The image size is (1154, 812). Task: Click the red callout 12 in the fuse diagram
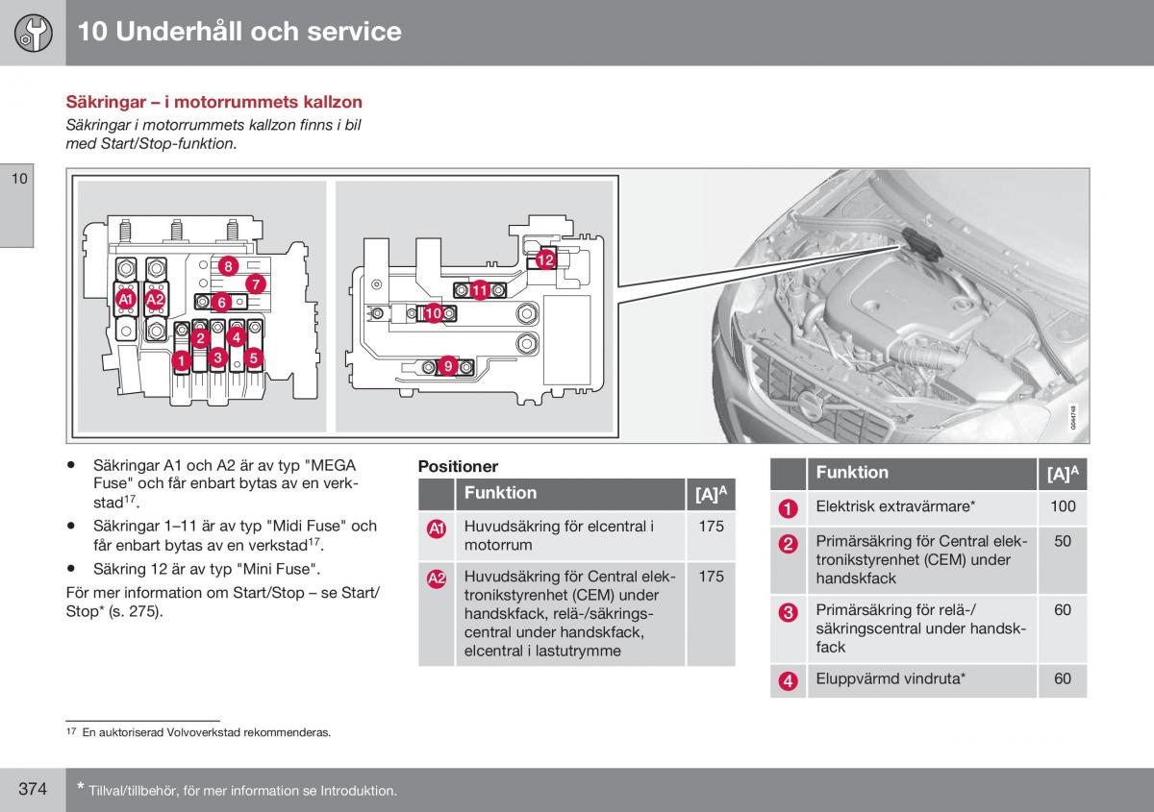[x=545, y=259]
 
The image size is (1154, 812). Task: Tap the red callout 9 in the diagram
[x=448, y=365]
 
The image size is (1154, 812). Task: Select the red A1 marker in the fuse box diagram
[x=126, y=301]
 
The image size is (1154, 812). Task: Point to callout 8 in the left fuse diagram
[x=227, y=266]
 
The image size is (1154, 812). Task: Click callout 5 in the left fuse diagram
[x=254, y=358]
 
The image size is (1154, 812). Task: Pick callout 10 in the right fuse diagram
[x=433, y=312]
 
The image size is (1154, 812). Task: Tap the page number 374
[x=33, y=789]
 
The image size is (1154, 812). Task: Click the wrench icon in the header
[x=32, y=33]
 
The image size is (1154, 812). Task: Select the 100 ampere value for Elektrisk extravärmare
[x=1063, y=506]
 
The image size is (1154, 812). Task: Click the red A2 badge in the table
[x=437, y=578]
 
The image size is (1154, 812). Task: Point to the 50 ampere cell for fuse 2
[x=1063, y=541]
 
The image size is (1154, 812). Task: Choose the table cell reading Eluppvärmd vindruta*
[x=891, y=678]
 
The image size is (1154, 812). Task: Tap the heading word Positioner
[x=458, y=466]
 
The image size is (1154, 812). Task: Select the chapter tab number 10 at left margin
[x=20, y=179]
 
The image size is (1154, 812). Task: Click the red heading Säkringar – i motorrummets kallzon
[x=213, y=102]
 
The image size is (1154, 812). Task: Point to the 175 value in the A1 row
[x=711, y=527]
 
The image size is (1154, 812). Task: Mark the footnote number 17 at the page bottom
[x=70, y=732]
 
